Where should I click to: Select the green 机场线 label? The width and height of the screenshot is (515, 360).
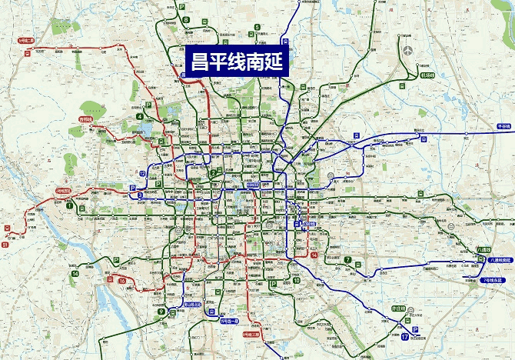pyautogui.click(x=428, y=75)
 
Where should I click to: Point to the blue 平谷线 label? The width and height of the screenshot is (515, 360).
pyautogui.click(x=504, y=125)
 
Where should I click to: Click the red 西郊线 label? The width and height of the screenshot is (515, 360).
pyautogui.click(x=86, y=119)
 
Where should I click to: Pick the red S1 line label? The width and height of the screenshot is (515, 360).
pyautogui.click(x=5, y=245)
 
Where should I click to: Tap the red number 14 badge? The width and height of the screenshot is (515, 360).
pyautogui.click(x=314, y=253)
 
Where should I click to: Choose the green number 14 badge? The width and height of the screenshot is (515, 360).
pyautogui.click(x=75, y=273)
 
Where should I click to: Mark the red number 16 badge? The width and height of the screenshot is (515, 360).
pyautogui.click(x=122, y=282)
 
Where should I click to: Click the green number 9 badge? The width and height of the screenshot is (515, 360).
pyautogui.click(x=161, y=312)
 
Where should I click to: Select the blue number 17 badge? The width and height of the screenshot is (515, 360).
pyautogui.click(x=404, y=337)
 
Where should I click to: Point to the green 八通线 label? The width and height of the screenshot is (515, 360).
pyautogui.click(x=483, y=249)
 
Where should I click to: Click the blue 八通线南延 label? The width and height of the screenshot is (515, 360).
pyautogui.click(x=500, y=260)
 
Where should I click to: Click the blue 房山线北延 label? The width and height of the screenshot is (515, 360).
pyautogui.click(x=191, y=303)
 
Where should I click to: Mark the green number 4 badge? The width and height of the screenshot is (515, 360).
pyautogui.click(x=140, y=117)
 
